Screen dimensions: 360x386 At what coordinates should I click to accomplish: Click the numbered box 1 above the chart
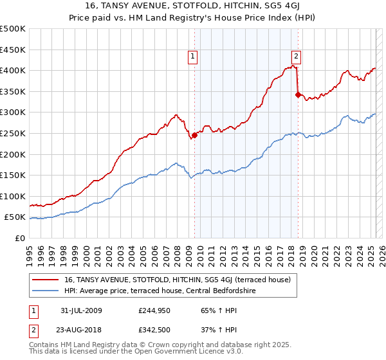point(192,56)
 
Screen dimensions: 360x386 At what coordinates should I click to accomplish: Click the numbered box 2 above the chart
point(296,56)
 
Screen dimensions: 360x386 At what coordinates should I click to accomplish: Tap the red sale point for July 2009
point(194,135)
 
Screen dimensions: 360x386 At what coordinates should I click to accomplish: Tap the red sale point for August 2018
point(298,94)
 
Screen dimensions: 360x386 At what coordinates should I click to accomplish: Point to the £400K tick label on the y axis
point(13,70)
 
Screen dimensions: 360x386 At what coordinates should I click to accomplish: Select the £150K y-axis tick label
point(13,175)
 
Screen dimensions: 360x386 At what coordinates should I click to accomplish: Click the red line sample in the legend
point(46,280)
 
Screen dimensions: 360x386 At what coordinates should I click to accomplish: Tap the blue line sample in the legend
point(46,291)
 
